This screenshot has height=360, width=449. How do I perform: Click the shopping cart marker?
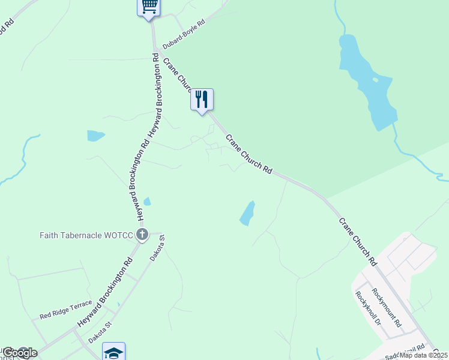tap(149, 7)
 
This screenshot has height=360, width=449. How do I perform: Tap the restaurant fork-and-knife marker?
tap(202, 99)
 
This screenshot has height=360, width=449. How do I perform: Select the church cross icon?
tap(142, 235)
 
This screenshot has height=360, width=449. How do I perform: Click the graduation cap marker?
tap(113, 352)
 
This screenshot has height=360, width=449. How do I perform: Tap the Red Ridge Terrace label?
tap(66, 310)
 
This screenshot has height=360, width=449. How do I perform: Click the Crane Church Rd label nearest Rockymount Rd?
tap(357, 242)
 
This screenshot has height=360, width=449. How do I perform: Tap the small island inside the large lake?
tap(375, 79)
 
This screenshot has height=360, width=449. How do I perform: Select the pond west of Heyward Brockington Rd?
tap(95, 136)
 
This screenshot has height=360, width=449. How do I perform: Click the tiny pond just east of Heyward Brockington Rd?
tap(147, 202)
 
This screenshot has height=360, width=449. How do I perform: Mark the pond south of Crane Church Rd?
tap(247, 214)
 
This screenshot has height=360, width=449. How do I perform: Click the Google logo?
tap(20, 353)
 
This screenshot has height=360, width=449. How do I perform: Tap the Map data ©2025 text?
tap(423, 355)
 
